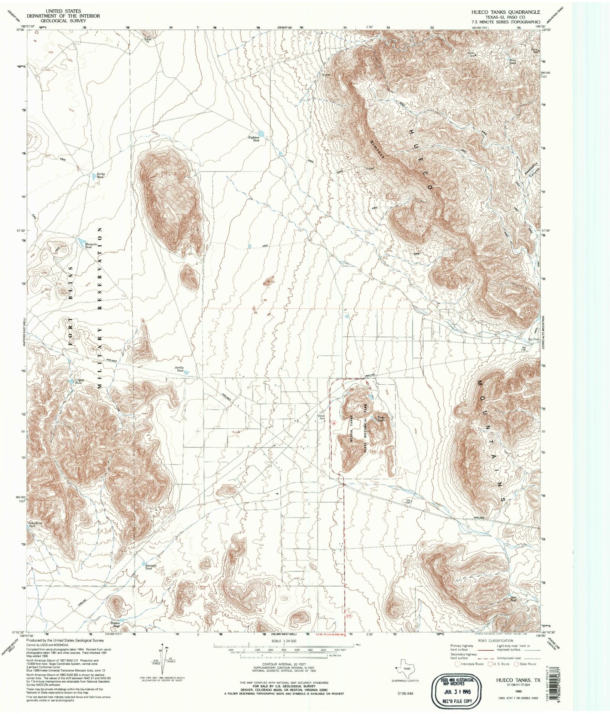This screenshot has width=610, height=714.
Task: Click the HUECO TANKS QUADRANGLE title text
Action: tap(506, 12)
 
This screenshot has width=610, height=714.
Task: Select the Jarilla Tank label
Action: tap(179, 369)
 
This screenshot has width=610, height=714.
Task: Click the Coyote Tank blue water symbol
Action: tap(71, 381)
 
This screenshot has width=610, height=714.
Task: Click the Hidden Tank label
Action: tap(115, 624)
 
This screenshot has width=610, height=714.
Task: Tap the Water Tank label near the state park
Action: tap(321, 417)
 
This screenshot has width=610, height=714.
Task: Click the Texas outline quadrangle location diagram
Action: tap(405, 670)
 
